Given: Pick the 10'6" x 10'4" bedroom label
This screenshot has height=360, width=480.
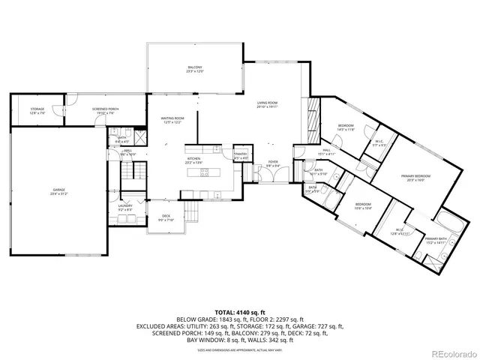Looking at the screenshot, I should coord(363,205).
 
